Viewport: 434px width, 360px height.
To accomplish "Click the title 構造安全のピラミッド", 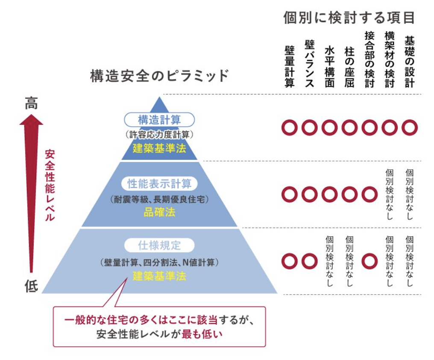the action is coord(159,76).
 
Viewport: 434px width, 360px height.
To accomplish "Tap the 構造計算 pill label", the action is coord(159,120).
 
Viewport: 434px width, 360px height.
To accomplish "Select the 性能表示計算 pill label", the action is coord(159,183).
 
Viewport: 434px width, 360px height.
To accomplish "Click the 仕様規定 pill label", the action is coord(159,245).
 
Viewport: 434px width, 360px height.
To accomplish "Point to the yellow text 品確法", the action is coord(159,212).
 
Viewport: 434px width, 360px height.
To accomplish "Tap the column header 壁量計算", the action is coord(290,67).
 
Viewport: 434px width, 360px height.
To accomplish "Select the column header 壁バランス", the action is coord(309,64).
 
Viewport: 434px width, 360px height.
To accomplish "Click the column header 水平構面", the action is coord(329,67).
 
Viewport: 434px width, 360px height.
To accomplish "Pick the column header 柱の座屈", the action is coord(349,67).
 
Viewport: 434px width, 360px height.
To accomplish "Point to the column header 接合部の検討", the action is coord(369,59).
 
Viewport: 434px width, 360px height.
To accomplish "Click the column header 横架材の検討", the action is coord(390,59).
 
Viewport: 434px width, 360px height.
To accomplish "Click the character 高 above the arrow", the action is coord(31,103).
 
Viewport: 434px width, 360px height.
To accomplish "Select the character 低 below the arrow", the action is coord(31,286).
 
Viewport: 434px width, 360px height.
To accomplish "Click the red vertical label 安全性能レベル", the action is coord(50,186).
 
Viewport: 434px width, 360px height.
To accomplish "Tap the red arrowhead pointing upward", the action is coord(31,120).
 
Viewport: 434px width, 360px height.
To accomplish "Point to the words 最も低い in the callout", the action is coord(202,334).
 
